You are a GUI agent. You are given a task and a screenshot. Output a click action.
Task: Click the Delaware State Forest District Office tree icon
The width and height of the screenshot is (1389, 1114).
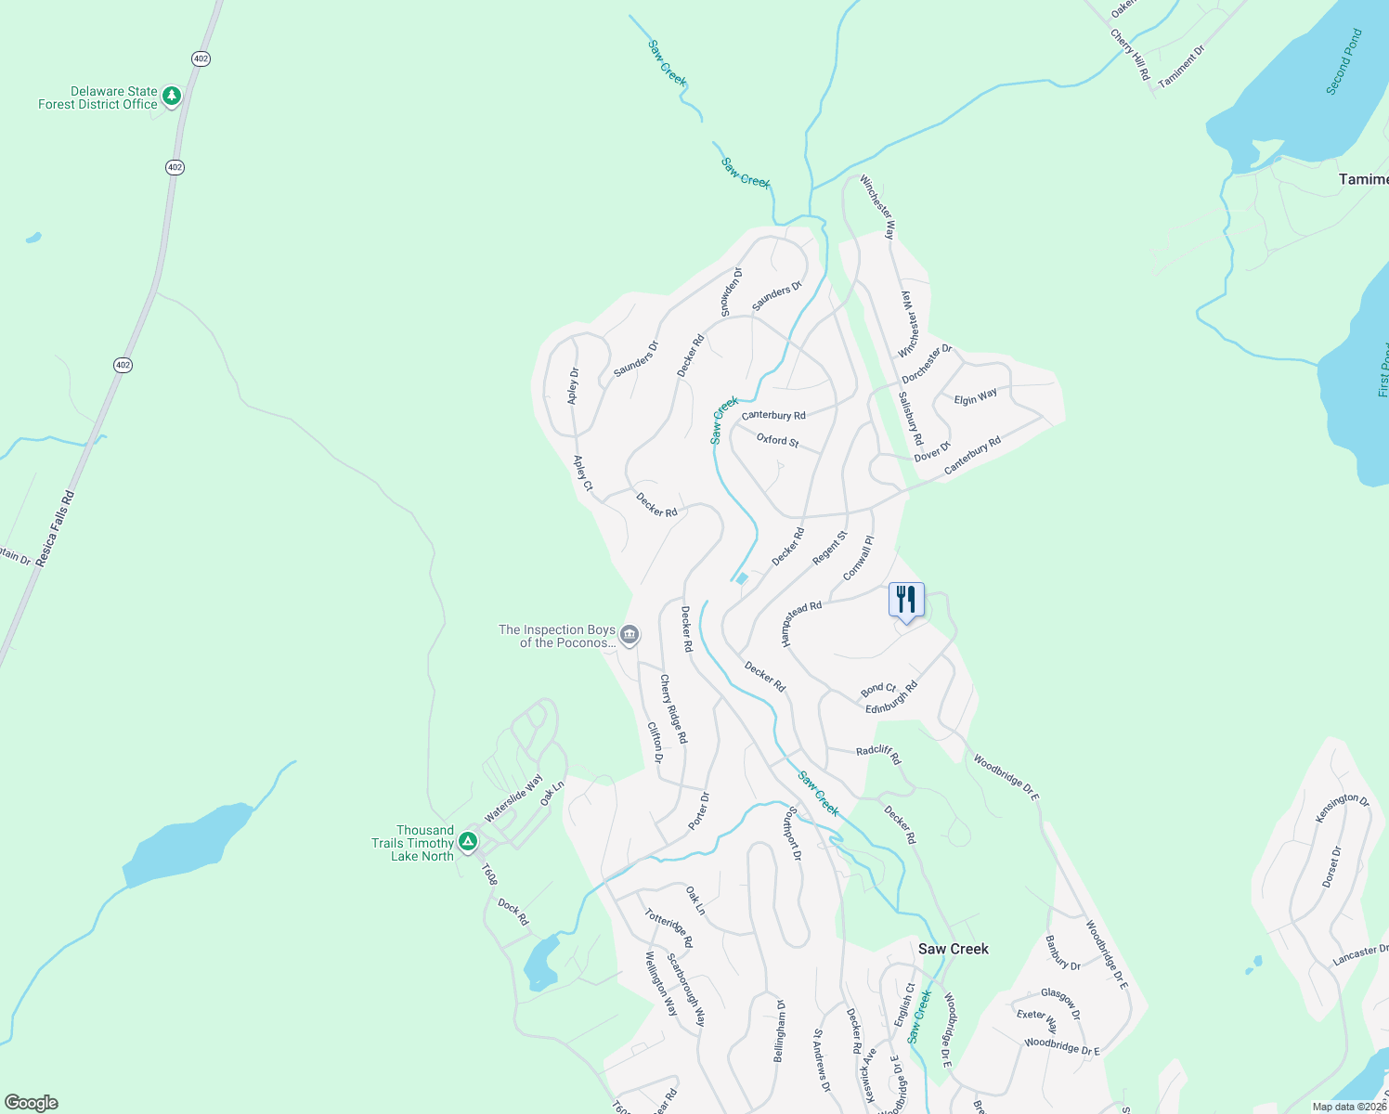coord(171,96)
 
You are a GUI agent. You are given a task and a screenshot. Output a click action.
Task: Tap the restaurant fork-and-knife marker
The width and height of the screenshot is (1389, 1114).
coord(906,600)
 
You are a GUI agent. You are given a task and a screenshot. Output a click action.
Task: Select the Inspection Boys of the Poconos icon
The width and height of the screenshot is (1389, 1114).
coord(630,636)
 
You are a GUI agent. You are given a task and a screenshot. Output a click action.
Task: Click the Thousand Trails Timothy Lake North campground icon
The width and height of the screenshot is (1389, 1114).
coord(469,842)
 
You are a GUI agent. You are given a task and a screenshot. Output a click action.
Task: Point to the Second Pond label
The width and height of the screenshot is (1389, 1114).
coord(1344,62)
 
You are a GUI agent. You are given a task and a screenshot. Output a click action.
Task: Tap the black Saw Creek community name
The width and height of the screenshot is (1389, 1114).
coord(953,949)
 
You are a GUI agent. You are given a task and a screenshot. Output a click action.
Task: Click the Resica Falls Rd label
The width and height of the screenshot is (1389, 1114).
coord(56,529)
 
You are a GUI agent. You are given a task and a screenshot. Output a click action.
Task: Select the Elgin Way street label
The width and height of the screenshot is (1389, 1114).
coord(975,396)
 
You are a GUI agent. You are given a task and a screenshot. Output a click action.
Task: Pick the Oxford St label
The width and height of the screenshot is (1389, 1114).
coord(777,440)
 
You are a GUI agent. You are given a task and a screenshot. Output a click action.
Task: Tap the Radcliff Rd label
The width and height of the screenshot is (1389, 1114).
coord(878,754)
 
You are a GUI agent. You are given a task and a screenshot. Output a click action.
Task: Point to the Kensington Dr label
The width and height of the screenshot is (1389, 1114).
coord(1343,808)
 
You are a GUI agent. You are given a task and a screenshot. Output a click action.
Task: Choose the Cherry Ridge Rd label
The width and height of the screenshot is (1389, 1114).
coord(673,708)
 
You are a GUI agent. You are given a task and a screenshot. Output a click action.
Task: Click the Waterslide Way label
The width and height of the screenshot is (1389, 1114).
coord(513,799)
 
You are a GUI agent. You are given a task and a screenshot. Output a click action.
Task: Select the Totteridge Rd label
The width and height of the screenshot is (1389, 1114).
coord(669,927)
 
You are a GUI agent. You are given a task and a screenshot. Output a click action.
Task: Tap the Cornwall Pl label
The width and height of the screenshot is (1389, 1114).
coord(858,558)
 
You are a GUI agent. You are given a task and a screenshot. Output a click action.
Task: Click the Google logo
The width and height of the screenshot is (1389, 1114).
coord(31,1103)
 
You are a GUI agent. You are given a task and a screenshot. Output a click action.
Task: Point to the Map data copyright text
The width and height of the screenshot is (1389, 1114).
coord(1348,1107)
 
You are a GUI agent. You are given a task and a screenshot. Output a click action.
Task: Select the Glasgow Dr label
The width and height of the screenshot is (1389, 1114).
coord(1060,1004)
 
